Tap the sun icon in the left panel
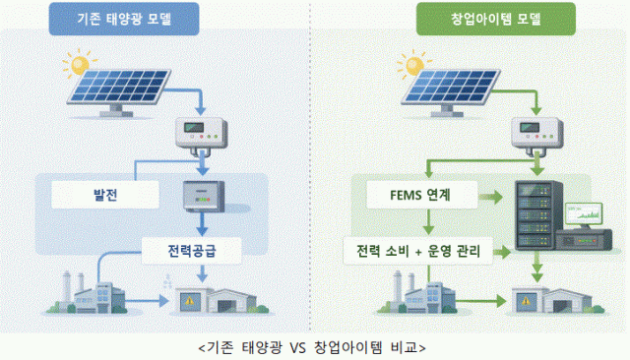[74, 66]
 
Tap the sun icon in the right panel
[387, 66]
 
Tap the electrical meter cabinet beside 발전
[203, 200]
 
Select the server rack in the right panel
[537, 218]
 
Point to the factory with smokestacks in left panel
[93, 291]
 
